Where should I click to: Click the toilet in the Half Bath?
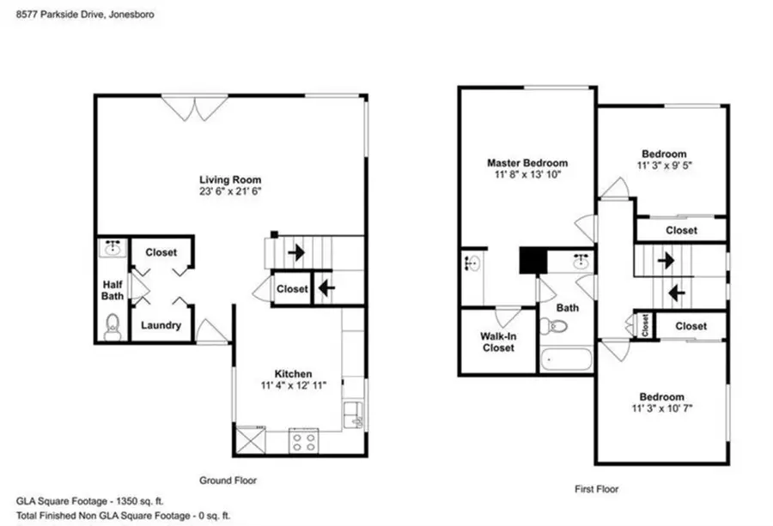point(111,326)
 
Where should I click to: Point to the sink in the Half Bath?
point(111,250)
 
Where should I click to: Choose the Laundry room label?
point(161,325)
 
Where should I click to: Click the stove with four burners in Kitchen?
point(303,441)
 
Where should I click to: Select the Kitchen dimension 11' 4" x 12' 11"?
point(293,385)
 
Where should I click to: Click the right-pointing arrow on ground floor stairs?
point(295,253)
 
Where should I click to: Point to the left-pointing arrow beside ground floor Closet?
point(326,288)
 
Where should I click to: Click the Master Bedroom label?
point(526,162)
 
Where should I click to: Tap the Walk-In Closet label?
point(497,342)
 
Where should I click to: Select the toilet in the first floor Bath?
point(553,326)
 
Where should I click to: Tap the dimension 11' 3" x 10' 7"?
point(661,408)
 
